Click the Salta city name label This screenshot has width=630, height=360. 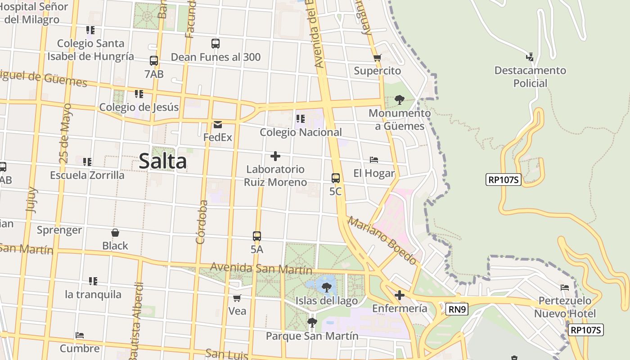coord(162,161)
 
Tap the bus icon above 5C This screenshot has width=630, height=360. coord(336,178)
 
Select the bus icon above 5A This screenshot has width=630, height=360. coord(257,236)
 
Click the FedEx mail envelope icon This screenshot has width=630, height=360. coord(218,124)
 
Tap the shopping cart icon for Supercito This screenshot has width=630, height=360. coord(377,58)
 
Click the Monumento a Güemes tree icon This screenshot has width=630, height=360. coord(399,100)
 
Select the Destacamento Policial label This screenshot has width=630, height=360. coord(530,76)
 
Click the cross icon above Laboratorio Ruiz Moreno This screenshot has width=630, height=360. coord(275,156)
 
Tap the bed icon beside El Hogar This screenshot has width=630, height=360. coord(373,160)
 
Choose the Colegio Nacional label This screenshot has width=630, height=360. coord(301,132)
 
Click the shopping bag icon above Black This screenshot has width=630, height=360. coord(115,233)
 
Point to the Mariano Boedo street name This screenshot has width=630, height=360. coord(382,241)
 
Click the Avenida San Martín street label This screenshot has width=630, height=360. coord(261,269)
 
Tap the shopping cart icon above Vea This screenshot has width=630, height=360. coord(237,298)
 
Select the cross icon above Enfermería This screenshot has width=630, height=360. coord(399,295)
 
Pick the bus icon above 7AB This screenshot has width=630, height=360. coord(154,60)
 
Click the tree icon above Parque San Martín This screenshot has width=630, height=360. coord(312,322)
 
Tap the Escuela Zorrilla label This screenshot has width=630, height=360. coord(87,175)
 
